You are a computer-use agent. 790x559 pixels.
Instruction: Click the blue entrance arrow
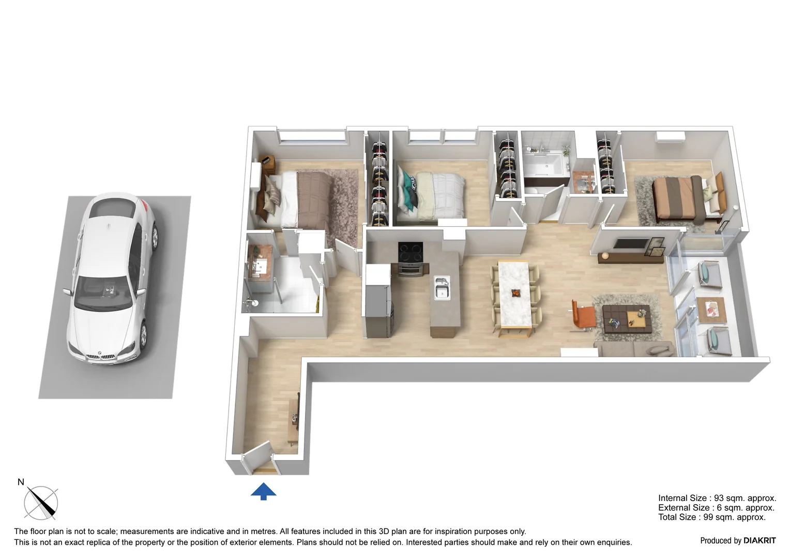tap(263, 491)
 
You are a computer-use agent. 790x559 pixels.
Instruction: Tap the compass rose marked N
tap(41, 502)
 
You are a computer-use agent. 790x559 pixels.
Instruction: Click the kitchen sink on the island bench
tap(441, 287)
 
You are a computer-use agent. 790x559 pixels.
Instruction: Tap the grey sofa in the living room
tap(636, 349)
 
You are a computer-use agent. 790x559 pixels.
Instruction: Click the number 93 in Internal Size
tap(719, 498)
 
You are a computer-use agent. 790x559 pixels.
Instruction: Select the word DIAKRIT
tap(759, 540)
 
